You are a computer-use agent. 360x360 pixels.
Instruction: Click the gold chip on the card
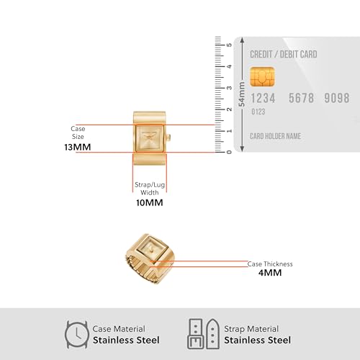coord(262,76)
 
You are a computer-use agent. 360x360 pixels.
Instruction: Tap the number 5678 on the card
coord(301,98)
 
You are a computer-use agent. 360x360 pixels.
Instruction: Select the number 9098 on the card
coord(337,98)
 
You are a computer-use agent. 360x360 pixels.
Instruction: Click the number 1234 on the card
coord(263,98)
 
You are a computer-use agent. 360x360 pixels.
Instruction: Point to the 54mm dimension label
coord(242,94)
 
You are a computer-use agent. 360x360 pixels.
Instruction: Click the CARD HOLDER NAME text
coord(275,136)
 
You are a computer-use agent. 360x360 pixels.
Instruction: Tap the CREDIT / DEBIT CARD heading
coord(284,55)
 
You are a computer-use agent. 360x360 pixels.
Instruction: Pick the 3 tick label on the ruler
coord(229,88)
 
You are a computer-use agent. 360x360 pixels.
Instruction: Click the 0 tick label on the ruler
coord(229,152)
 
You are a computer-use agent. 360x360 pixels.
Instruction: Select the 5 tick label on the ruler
coord(229,45)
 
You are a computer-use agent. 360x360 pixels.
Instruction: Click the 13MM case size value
coord(78,147)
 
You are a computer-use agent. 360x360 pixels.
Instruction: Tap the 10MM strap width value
coord(150,203)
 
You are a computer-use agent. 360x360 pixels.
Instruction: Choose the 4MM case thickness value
coord(270,273)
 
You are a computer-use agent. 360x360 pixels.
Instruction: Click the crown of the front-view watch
coord(168,137)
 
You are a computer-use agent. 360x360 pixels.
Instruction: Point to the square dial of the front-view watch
coord(150,138)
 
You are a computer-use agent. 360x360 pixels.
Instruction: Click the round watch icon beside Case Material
coord(77,335)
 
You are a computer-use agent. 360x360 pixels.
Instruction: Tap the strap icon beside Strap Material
coord(204,334)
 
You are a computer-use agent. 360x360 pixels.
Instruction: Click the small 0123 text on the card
coord(258,112)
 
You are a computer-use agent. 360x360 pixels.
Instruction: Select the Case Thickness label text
coord(270,264)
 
